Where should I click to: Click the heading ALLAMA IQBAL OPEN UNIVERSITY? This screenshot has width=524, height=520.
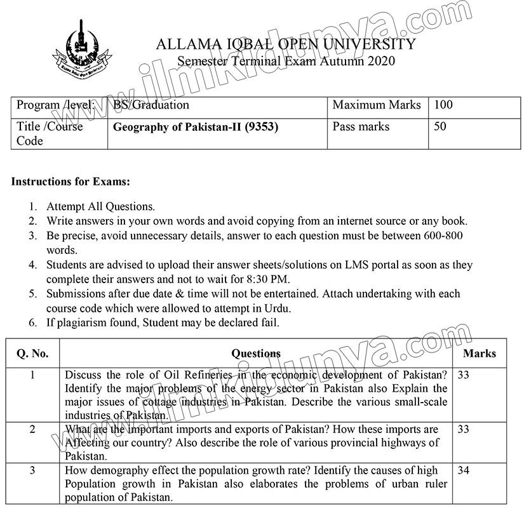point(285,44)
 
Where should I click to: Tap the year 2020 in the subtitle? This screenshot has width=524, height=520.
point(379,61)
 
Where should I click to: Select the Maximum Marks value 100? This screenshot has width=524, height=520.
point(443,105)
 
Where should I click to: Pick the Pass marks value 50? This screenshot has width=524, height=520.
point(440,126)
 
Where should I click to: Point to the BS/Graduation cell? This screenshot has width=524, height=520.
point(151,105)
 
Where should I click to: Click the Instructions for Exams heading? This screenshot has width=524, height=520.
point(71,182)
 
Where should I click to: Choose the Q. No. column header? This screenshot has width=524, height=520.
point(32,354)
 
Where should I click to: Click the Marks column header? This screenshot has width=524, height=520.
point(480,354)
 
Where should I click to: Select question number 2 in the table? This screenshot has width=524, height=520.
point(32,430)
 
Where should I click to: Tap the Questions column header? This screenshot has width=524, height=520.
point(255,354)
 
